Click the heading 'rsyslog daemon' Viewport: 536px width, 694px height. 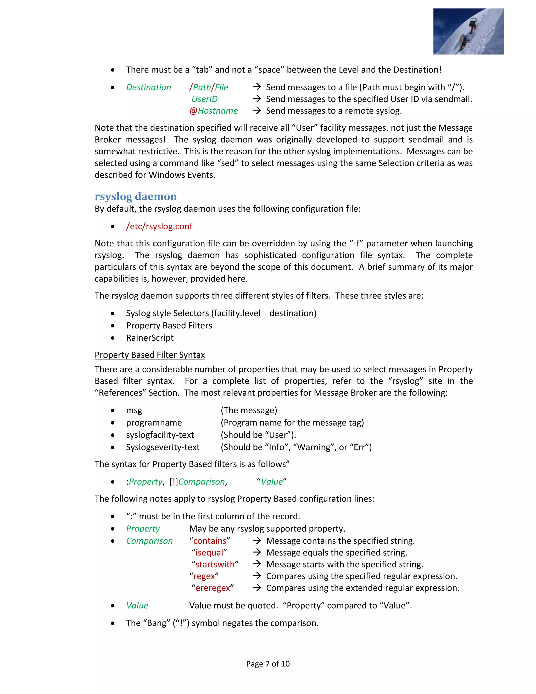[x=136, y=196]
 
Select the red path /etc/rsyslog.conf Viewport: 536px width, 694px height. [x=159, y=226]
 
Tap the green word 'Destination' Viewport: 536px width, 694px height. [x=148, y=87]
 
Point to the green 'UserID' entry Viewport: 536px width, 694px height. [x=204, y=99]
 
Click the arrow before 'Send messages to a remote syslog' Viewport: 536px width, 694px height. [x=256, y=111]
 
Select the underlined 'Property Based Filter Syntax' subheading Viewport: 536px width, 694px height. [x=149, y=355]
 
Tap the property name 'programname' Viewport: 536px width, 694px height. [x=154, y=423]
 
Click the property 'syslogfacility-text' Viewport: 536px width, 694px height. [x=160, y=435]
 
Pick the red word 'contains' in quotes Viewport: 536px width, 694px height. [x=210, y=541]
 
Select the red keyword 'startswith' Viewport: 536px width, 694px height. [x=215, y=564]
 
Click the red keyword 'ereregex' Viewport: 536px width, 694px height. [x=213, y=588]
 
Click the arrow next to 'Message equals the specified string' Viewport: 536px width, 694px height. [x=256, y=552]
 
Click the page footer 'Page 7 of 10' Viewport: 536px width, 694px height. [x=268, y=664]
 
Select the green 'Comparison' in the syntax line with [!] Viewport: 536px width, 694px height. [x=201, y=482]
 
